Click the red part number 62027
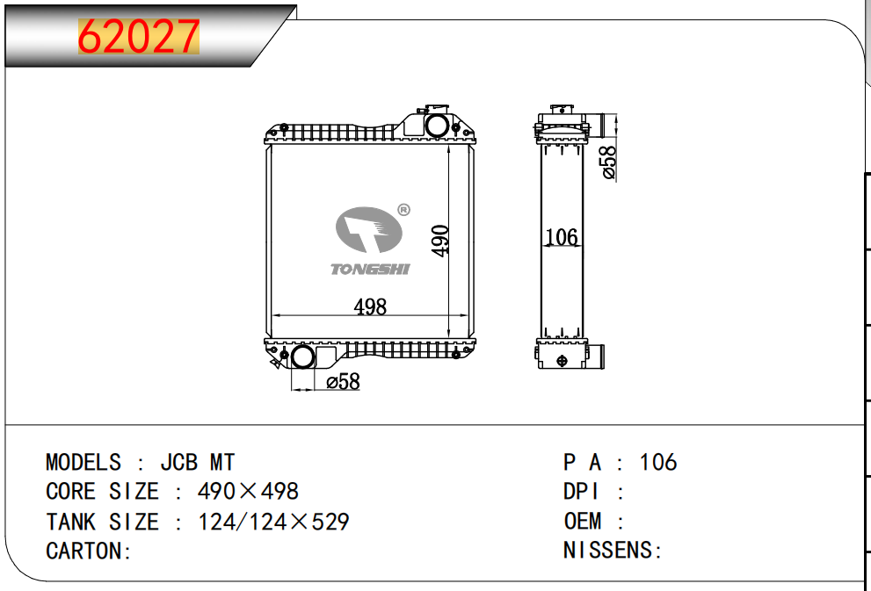coord(139,37)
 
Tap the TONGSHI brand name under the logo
coord(370,269)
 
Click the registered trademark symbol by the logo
coord(403,210)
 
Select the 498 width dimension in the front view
coord(370,306)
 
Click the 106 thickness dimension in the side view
coord(562,237)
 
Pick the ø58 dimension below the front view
coord(343,382)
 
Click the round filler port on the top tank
coord(437,125)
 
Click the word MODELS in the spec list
coord(83,463)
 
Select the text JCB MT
coord(197,463)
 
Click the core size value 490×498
coord(249,492)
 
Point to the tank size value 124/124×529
coord(274,522)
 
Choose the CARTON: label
coord(89,551)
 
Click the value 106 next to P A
coord(658,463)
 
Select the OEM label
coord(583,522)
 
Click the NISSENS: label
coord(613,551)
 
